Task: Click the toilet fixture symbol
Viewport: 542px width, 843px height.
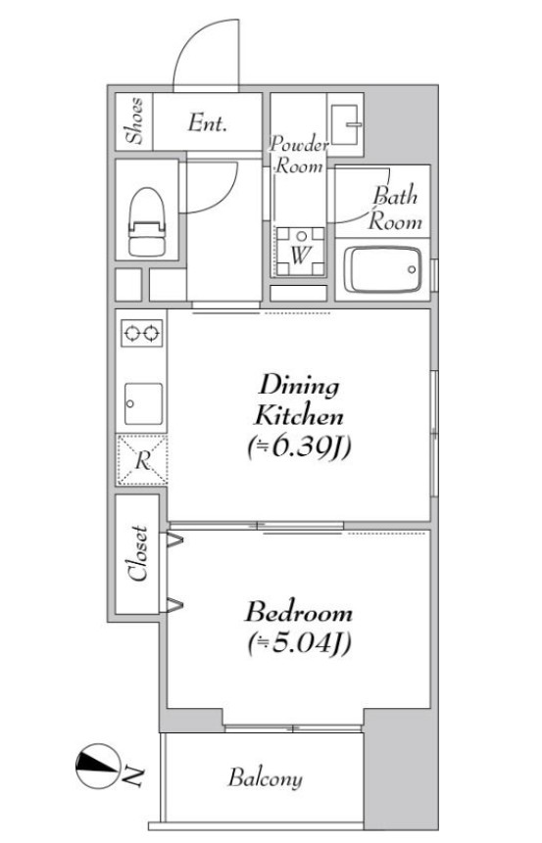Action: (x=146, y=221)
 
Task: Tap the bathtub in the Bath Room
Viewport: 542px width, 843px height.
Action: (x=382, y=269)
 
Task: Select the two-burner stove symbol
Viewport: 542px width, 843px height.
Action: (x=141, y=333)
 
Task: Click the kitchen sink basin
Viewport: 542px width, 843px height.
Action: (x=143, y=403)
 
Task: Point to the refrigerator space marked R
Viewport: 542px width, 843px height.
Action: (x=142, y=460)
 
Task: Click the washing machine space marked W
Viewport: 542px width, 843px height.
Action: (x=300, y=252)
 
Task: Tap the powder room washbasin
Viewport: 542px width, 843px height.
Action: (x=345, y=124)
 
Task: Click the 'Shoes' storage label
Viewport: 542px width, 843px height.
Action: (x=134, y=121)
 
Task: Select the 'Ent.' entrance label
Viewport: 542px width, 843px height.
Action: (x=207, y=123)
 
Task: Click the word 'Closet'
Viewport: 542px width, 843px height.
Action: (x=138, y=553)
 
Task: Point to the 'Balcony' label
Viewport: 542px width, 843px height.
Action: (x=265, y=778)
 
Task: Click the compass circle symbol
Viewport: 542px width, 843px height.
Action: (x=97, y=766)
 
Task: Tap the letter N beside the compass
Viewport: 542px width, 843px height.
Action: (x=132, y=775)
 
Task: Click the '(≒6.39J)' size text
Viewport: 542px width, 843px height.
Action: (x=299, y=446)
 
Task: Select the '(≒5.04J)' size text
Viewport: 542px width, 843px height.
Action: (x=300, y=642)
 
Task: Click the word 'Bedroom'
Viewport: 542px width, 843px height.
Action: (x=299, y=612)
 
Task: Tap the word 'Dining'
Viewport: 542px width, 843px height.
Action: (x=299, y=387)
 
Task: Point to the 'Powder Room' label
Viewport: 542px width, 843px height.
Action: (x=299, y=155)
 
